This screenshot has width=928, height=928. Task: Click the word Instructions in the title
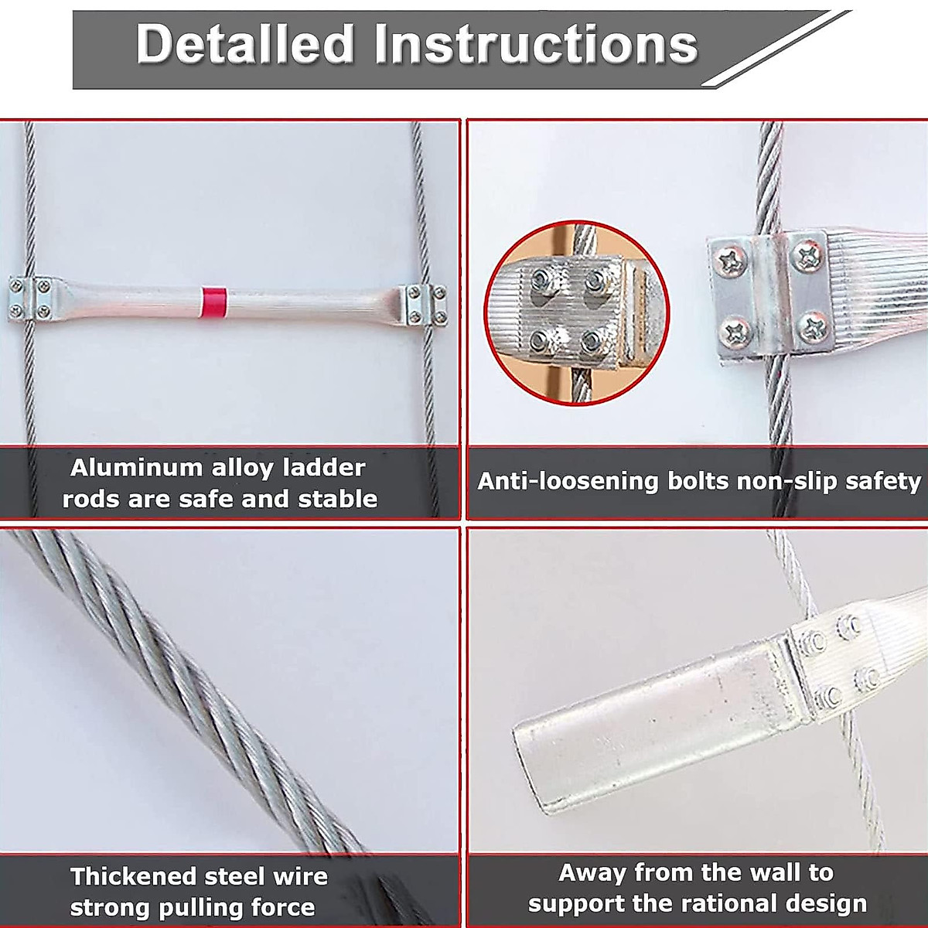point(534,44)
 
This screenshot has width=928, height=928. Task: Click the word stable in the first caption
point(338,499)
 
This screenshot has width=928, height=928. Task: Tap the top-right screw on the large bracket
point(809,254)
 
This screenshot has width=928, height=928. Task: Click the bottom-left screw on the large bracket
point(733,333)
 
